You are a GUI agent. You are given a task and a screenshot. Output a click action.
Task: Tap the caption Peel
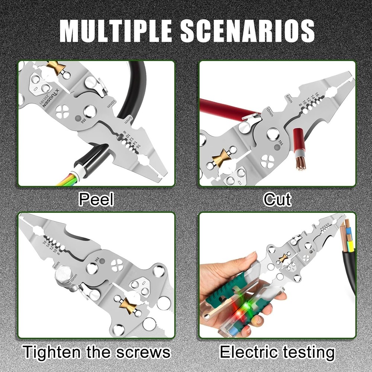click(96, 200)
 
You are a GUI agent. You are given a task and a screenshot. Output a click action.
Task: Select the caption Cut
click(277, 200)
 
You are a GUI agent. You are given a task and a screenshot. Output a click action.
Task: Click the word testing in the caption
click(309, 352)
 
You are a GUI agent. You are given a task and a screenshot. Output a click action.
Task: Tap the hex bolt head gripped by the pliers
click(63, 277)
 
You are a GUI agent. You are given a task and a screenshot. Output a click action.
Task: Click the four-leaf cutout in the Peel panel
click(63, 110)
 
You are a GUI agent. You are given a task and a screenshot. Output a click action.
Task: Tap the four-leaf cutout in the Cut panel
click(267, 161)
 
